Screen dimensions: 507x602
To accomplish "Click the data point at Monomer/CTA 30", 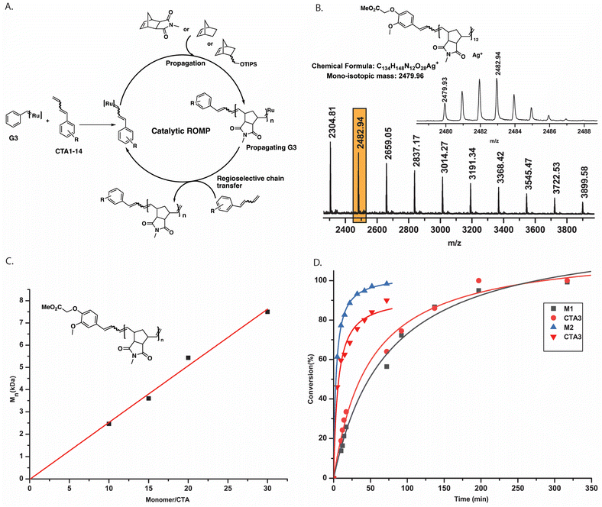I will point(267,312).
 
